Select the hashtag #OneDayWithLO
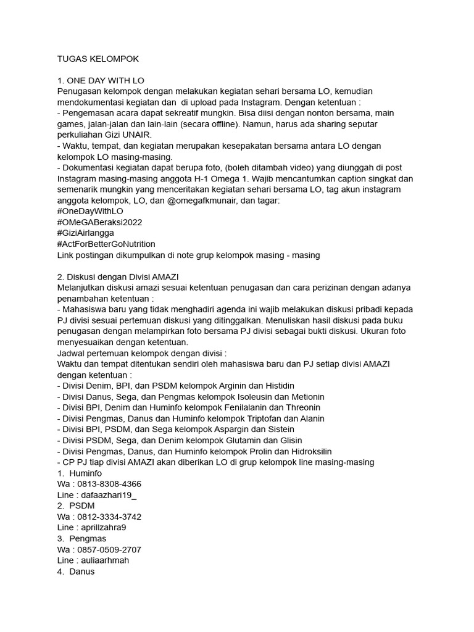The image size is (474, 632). pos(90,211)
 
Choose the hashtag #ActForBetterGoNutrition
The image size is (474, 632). pos(106,244)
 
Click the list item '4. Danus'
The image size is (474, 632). pos(75,572)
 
